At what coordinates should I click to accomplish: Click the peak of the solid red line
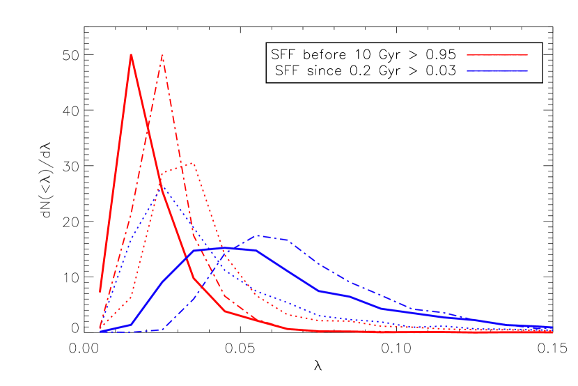pos(131,54)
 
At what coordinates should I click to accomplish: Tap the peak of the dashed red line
pos(162,54)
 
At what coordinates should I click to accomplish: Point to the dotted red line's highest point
pos(192,163)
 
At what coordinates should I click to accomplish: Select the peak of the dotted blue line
pos(162,187)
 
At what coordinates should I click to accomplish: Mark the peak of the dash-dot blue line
pos(258,236)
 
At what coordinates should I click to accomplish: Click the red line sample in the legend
pos(497,54)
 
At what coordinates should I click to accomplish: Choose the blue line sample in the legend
pos(497,71)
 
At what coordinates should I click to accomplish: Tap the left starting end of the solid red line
pos(100,291)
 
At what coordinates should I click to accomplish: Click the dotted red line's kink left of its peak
pos(162,173)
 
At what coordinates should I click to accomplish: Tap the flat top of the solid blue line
pos(224,247)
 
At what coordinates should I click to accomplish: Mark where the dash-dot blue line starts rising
pos(162,329)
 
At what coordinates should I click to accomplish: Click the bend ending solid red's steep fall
pos(194,278)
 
